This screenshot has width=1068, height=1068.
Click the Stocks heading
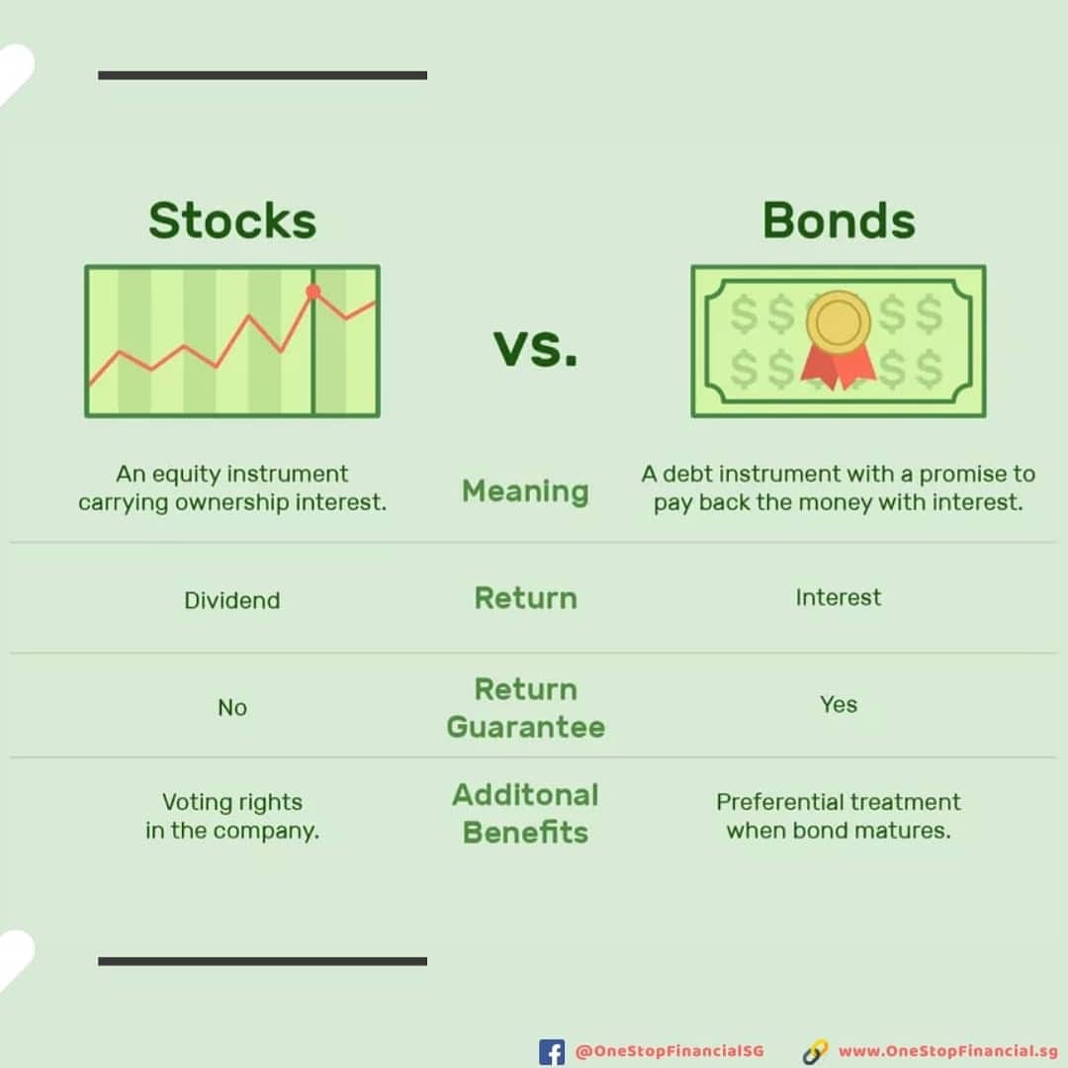tap(232, 221)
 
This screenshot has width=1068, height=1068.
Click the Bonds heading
tap(839, 221)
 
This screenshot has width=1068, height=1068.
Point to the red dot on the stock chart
tap(312, 292)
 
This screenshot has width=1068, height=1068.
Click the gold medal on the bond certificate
tap(838, 321)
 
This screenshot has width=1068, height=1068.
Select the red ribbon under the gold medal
tap(838, 367)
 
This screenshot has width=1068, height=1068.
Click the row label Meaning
tap(525, 491)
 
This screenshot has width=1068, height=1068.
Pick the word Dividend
tap(232, 600)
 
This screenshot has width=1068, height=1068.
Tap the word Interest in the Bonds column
tap(838, 597)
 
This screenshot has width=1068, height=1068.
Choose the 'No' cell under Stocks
tap(232, 708)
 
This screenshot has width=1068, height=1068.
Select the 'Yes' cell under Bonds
tap(839, 704)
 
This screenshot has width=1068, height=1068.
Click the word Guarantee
tap(526, 727)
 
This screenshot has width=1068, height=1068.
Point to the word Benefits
tap(525, 833)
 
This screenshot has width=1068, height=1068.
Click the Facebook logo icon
tap(552, 1052)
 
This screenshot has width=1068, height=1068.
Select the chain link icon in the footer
tap(815, 1051)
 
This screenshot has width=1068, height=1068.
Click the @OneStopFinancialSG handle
tap(669, 1051)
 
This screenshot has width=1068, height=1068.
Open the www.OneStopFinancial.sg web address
tap(948, 1051)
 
